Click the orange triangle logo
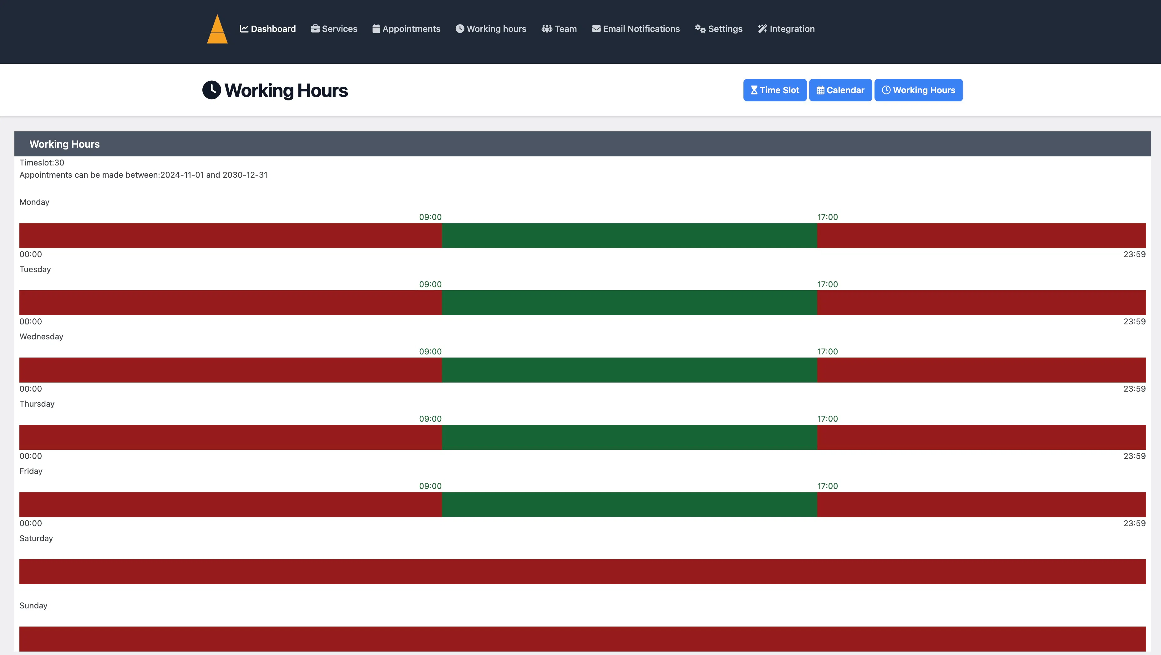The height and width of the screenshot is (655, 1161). [x=217, y=29]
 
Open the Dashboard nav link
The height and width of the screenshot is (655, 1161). [x=268, y=29]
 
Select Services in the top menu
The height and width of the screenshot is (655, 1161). [x=334, y=29]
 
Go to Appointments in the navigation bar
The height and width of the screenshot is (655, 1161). [x=406, y=29]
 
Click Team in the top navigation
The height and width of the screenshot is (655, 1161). [x=559, y=29]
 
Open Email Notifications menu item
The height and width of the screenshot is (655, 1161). [x=636, y=29]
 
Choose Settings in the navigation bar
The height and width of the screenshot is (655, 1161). [x=718, y=29]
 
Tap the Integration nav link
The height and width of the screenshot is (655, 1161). [x=786, y=29]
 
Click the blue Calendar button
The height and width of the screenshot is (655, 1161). [x=840, y=90]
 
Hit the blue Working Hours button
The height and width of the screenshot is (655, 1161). [x=919, y=90]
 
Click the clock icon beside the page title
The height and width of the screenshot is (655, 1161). [x=211, y=90]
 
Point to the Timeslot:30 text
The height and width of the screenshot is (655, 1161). [x=42, y=163]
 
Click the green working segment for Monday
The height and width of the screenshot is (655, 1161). [x=630, y=235]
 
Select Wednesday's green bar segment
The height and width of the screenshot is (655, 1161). [x=630, y=370]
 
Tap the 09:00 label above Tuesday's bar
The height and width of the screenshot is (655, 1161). [x=430, y=284]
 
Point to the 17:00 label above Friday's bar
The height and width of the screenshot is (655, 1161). [x=828, y=486]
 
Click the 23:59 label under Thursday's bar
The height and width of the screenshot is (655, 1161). [x=1134, y=456]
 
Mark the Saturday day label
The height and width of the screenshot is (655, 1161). [x=36, y=538]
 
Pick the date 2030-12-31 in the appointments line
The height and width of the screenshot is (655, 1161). [x=245, y=175]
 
